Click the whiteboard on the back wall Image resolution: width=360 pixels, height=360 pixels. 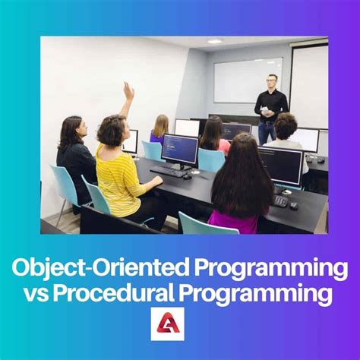tap(247, 80)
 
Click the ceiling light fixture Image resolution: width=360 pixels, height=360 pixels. tap(216, 41)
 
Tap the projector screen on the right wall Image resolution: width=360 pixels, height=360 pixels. tap(309, 84)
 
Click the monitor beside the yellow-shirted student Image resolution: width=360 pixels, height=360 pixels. tap(180, 149)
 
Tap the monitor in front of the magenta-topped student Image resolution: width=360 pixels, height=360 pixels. tap(280, 166)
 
